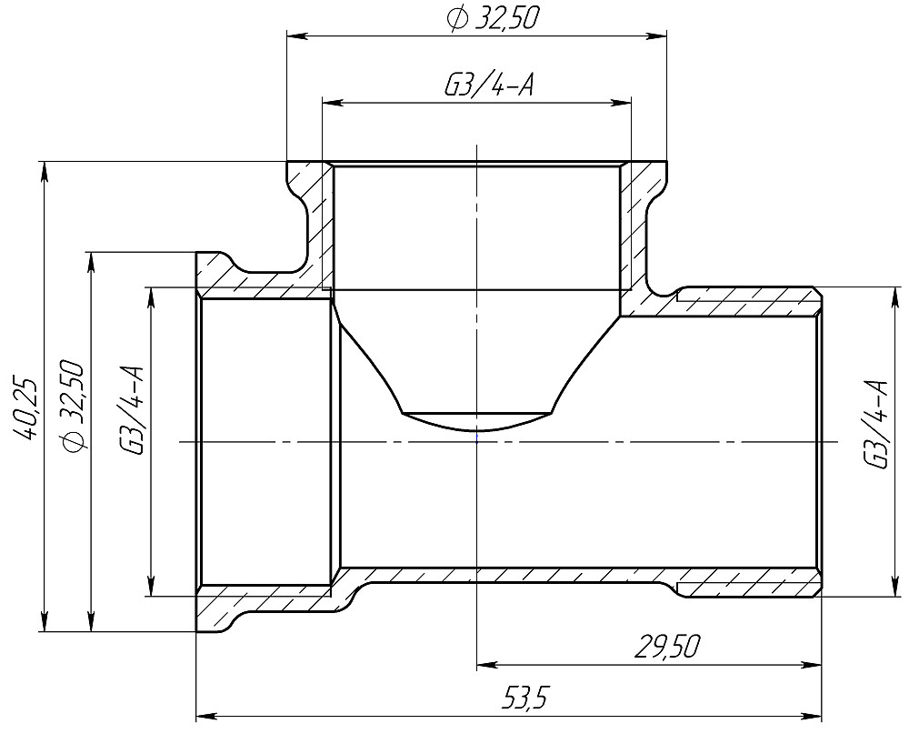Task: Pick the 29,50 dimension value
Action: pos(668,649)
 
